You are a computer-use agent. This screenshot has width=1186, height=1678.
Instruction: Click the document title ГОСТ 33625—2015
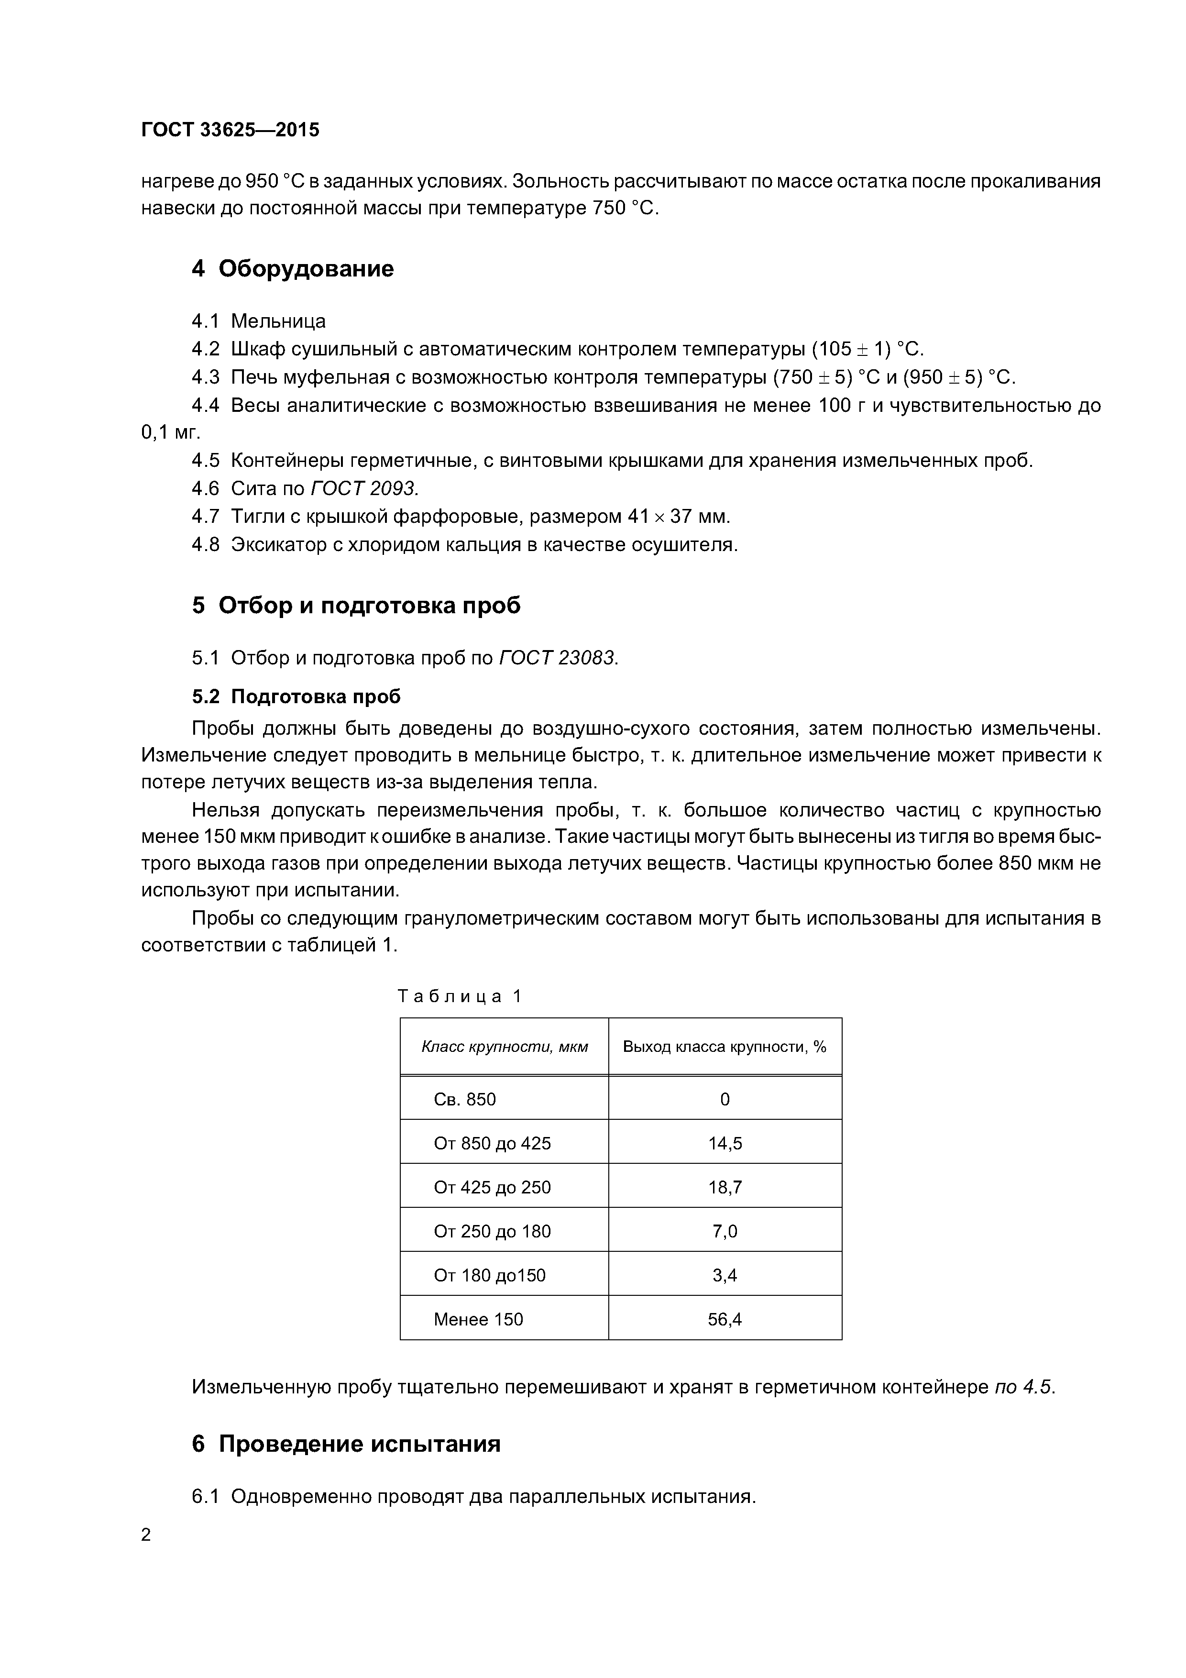click(x=230, y=130)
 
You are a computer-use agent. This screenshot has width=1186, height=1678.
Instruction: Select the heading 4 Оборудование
click(x=292, y=269)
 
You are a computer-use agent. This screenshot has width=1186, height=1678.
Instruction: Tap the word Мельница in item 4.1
click(x=278, y=321)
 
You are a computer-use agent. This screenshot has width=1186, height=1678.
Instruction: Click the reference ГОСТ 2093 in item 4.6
click(x=364, y=488)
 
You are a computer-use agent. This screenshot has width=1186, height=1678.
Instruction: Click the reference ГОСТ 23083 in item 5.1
click(x=558, y=658)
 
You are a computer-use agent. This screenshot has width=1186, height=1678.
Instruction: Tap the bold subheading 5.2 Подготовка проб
click(x=296, y=696)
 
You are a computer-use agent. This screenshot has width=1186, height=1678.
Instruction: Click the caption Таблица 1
click(x=460, y=996)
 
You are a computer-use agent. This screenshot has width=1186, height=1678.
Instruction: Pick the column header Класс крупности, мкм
click(x=504, y=1047)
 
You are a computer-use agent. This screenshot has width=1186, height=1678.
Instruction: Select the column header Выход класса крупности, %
click(x=724, y=1047)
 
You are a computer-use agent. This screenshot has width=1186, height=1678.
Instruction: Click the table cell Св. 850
click(x=465, y=1099)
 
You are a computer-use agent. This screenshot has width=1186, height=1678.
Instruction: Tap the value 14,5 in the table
click(x=724, y=1143)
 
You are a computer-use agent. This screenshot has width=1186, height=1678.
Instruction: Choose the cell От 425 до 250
click(x=492, y=1187)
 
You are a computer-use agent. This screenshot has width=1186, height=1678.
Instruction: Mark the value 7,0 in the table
click(x=724, y=1231)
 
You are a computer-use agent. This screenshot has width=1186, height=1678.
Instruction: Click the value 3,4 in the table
click(x=724, y=1275)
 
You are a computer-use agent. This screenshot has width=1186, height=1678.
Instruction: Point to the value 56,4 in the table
click(x=724, y=1319)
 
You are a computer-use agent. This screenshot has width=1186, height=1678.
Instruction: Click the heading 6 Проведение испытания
click(x=346, y=1444)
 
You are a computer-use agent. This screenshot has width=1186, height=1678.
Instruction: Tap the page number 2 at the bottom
click(x=146, y=1535)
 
